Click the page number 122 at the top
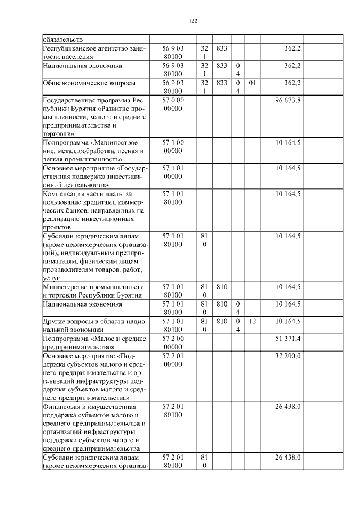coord(192,21)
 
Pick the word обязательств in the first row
coord(62,39)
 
